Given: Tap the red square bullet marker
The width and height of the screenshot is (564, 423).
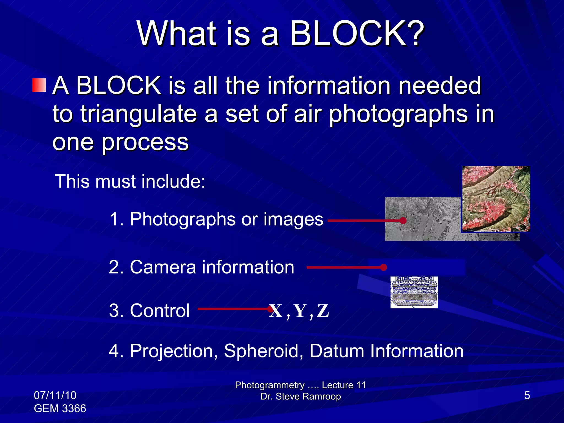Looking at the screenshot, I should pos(39,85).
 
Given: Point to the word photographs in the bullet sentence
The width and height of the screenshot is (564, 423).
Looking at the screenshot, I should pos(398,114).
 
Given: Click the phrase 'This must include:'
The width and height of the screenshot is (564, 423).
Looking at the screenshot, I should pos(130,181).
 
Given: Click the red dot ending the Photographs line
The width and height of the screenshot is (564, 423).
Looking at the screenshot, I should pos(403,221).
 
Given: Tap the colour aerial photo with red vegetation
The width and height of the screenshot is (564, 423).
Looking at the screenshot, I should pos(496,199).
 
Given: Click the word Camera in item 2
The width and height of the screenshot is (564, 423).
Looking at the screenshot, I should pos(163,267).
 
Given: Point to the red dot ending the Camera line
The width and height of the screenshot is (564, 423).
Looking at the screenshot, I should pos(383,267).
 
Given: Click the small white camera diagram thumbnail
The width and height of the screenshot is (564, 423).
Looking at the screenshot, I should pos(414,292).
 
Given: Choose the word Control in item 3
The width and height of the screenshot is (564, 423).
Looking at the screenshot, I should pos(160,311).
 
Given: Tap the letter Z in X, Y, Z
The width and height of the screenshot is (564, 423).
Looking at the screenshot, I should pos(323,311).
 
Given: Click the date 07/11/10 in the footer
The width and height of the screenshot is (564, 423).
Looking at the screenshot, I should pos(55,395).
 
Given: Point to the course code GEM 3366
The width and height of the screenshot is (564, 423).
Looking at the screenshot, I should pos(60,408).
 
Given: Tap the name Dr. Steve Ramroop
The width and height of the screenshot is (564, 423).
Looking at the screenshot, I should pos(300,397).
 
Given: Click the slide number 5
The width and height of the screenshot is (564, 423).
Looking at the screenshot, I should pos(527,395).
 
